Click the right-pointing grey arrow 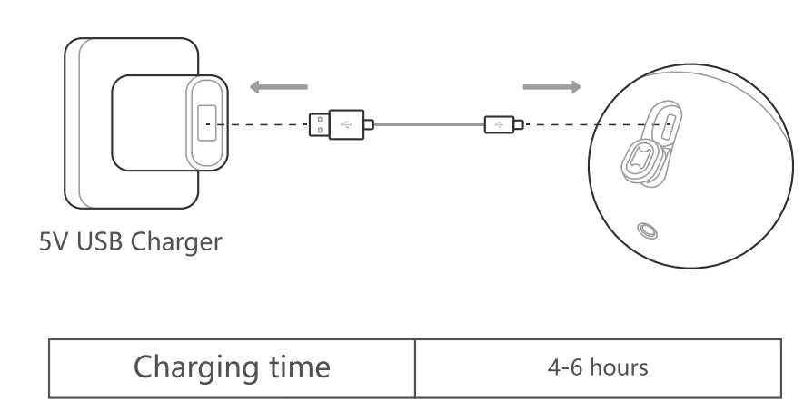tap(551, 88)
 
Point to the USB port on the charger tap(207, 123)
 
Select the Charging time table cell tap(232, 368)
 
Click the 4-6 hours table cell tap(598, 368)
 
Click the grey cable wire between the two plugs tap(427, 123)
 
